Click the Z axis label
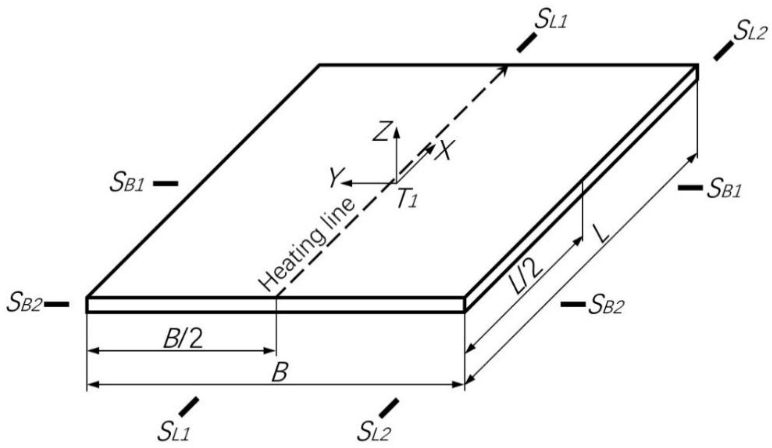click(x=382, y=131)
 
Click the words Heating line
click(x=307, y=245)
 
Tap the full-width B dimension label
click(x=279, y=372)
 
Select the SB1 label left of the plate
click(x=127, y=184)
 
